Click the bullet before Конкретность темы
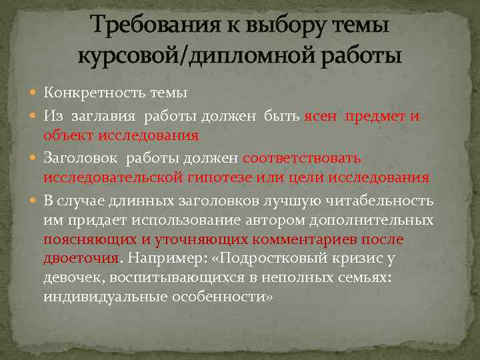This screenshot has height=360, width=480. point(35,93)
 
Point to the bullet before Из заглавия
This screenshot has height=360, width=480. point(35,117)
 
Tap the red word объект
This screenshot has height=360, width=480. point(67,135)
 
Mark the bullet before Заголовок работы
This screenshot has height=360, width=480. point(35,159)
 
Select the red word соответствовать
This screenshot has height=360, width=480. point(302,159)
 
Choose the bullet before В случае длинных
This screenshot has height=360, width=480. point(35,201)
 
